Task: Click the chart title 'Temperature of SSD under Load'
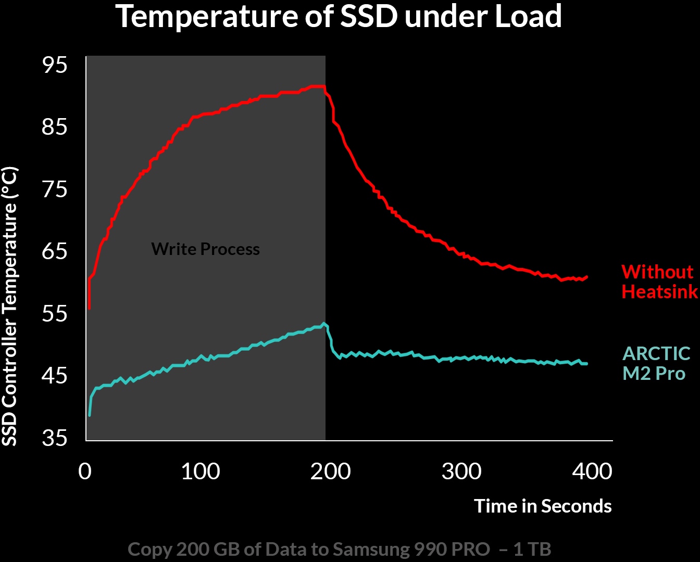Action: [339, 17]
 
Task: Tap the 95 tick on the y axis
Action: [55, 65]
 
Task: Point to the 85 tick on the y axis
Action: [55, 126]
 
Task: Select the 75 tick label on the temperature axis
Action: [55, 189]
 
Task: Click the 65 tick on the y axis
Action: [55, 251]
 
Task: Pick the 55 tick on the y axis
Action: [55, 314]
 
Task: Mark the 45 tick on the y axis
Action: [55, 375]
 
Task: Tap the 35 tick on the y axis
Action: [55, 438]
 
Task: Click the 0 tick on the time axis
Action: [85, 471]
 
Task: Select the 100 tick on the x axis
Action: [201, 471]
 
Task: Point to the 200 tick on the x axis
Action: [331, 471]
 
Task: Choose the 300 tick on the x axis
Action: [461, 471]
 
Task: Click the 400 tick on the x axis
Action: [592, 471]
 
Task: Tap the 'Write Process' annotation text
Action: [205, 249]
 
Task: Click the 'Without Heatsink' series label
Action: [659, 282]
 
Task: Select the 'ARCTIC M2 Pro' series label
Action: [656, 363]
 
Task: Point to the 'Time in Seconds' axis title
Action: [543, 506]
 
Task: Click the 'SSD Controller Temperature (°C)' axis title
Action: [10, 306]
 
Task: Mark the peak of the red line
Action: [318, 86]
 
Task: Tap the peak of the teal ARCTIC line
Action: [324, 324]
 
